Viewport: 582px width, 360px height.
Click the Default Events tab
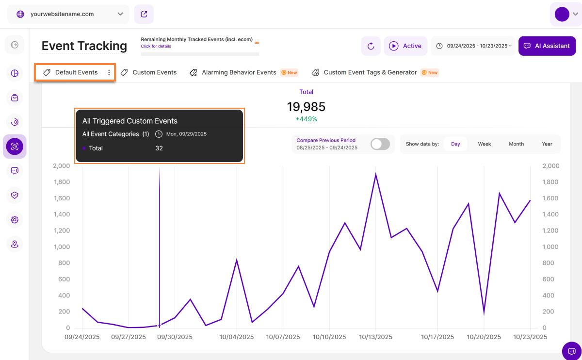click(76, 72)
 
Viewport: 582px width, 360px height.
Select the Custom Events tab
click(154, 72)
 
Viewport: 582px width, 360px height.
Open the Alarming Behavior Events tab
click(239, 72)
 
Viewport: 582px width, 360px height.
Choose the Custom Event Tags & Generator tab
click(370, 72)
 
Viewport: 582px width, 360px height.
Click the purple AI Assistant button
click(547, 46)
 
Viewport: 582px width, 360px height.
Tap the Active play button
click(405, 46)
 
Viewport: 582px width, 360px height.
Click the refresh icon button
click(371, 46)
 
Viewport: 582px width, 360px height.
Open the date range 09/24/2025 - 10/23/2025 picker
click(473, 46)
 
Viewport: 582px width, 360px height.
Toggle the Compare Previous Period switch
click(380, 144)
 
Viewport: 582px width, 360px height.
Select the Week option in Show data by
click(485, 144)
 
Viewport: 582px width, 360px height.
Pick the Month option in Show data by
click(516, 144)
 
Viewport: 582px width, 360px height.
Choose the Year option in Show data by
click(547, 144)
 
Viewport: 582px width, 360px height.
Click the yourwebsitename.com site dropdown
click(68, 14)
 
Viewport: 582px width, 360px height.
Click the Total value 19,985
click(306, 107)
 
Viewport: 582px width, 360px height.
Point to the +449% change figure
click(306, 119)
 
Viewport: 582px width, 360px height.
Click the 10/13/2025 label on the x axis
click(376, 337)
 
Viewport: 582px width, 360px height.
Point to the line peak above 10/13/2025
click(376, 174)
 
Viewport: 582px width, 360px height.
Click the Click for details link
click(156, 46)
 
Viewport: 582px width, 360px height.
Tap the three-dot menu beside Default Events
click(109, 72)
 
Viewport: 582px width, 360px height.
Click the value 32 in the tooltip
click(159, 148)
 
